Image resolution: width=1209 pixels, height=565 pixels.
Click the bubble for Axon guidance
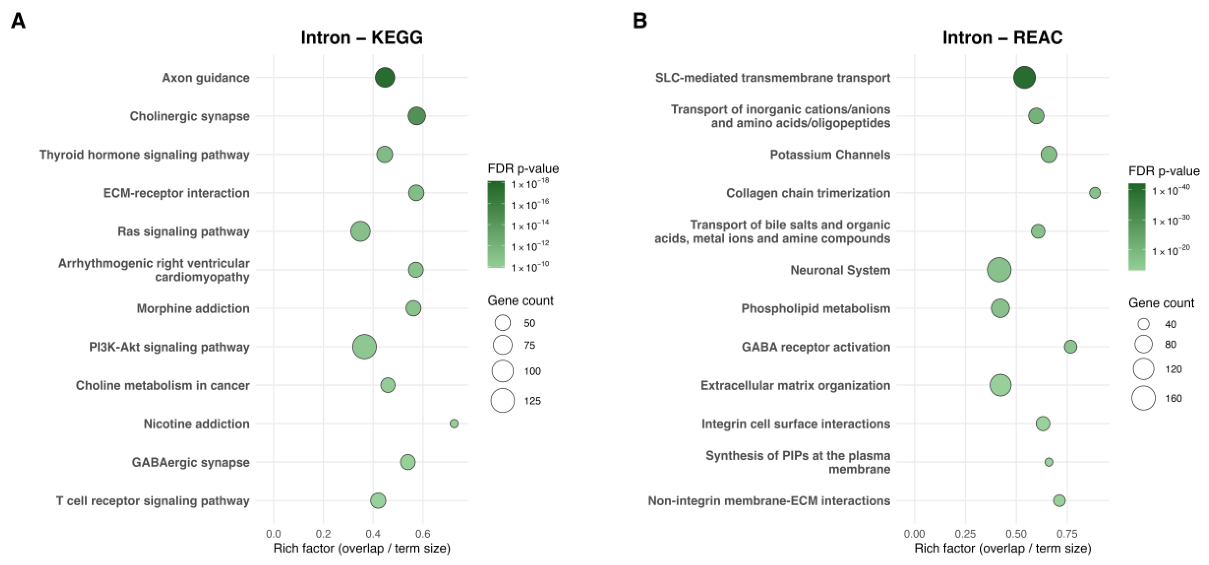385,77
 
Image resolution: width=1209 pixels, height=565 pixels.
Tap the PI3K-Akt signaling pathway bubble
364,347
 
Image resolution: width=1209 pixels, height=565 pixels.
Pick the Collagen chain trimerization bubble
1094,193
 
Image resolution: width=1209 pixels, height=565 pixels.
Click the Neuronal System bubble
999,270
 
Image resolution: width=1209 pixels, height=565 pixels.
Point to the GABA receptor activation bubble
1070,347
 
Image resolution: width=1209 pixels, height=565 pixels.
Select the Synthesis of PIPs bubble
1048,462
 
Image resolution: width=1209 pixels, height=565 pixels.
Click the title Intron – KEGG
361,38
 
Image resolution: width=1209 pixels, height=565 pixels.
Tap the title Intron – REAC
1003,38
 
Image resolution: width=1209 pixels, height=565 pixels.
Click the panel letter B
640,21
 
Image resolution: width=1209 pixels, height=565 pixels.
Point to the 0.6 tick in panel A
423,534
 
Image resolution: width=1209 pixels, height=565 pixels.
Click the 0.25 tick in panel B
965,534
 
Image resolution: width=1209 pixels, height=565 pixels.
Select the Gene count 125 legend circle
503,400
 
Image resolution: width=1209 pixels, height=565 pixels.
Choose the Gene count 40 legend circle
1143,324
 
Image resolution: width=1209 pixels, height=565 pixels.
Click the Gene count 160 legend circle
1143,398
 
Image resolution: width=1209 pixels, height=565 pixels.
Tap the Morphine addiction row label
193,309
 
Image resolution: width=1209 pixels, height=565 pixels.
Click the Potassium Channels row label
830,154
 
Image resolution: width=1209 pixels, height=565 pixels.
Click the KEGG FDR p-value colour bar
496,224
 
